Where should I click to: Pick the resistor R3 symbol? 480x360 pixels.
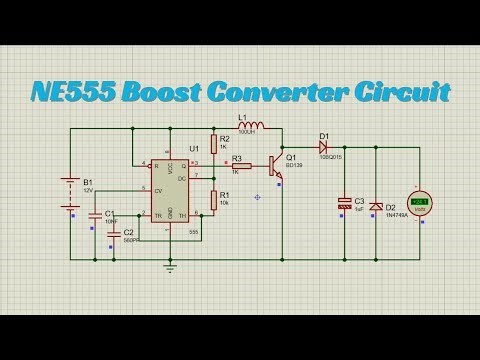pyautogui.click(x=241, y=166)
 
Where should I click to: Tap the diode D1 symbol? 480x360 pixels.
pyautogui.click(x=324, y=147)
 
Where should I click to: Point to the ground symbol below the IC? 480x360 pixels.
pyautogui.click(x=170, y=267)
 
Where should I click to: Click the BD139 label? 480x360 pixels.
pyautogui.click(x=293, y=167)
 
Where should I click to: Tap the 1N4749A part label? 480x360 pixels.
pyautogui.click(x=395, y=214)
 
